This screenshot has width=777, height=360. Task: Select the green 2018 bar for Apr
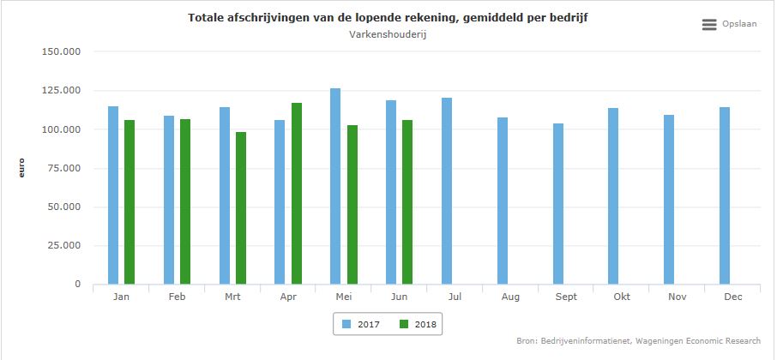tap(297, 193)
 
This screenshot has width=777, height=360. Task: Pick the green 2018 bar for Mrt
tap(241, 207)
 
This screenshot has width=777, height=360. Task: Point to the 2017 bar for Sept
tap(558, 203)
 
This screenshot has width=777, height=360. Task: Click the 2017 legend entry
tap(359, 324)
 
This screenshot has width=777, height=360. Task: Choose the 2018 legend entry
tap(419, 324)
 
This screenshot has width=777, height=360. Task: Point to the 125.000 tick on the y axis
tap(61, 90)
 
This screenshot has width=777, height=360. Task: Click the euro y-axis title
tap(23, 167)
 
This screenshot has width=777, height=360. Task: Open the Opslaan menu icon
tap(709, 25)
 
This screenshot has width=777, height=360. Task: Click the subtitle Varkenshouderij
tap(388, 34)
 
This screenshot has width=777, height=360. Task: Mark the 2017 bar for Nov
tap(669, 199)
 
